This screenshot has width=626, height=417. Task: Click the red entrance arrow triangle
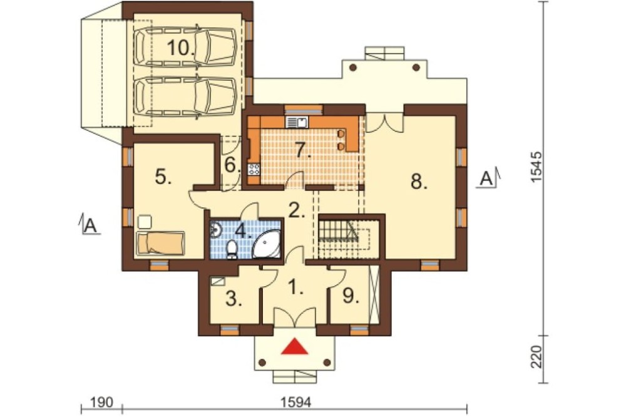pos(295,346)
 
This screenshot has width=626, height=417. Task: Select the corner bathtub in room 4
pos(267,244)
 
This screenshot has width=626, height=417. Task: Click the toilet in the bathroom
pos(232,250)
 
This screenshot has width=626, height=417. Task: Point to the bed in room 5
pos(160,243)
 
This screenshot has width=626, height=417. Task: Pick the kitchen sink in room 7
pos(297,122)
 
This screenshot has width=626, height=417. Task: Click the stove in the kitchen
pos(254,170)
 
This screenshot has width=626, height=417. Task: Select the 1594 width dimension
pos(296,402)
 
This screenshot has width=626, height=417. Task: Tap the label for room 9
pos(350,296)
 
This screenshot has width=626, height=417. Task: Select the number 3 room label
pos(233,299)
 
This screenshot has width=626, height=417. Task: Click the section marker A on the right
pos(486,178)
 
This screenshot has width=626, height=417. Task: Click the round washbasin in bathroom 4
pos(216,230)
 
